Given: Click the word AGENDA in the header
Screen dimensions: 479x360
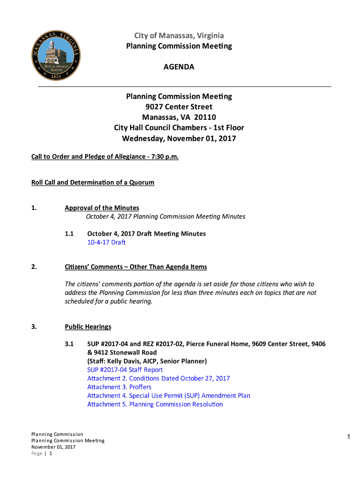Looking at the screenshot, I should point(179,67).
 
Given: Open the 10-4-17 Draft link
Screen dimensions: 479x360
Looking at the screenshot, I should point(106,242).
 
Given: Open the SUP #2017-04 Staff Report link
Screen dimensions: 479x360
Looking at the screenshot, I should point(125,370).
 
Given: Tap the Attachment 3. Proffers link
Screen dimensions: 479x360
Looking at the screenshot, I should point(119,387).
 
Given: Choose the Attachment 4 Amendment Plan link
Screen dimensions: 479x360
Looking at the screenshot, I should point(168,395).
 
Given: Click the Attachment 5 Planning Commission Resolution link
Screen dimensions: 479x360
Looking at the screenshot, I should point(155,404).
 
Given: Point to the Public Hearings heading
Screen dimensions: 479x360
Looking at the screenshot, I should point(88,327).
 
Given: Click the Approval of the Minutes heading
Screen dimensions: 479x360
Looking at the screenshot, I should point(101,208).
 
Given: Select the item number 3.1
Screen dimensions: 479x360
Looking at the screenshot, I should point(70,344).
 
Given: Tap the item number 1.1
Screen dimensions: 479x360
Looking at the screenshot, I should point(70,233).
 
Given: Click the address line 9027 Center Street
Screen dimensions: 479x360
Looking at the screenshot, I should point(179,107).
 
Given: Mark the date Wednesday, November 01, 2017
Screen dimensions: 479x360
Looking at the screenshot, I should point(179,138).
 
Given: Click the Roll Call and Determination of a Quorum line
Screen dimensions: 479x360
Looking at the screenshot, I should point(93,182).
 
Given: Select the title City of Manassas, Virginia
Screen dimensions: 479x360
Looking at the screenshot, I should point(179,36).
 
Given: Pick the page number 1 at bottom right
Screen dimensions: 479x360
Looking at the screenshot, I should point(348,437).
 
